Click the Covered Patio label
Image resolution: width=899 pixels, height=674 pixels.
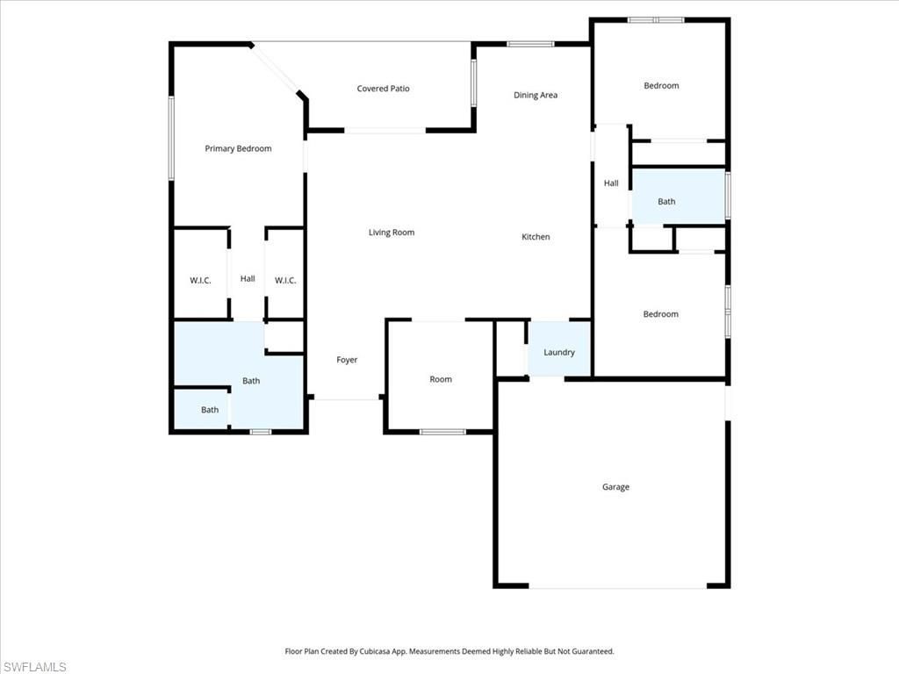(383, 89)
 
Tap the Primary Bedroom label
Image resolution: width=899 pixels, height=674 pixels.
(238, 148)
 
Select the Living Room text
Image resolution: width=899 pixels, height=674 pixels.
(391, 233)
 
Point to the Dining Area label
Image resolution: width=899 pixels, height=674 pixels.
(536, 95)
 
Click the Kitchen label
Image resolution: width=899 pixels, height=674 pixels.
(536, 237)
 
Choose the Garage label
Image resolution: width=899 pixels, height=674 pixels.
(615, 487)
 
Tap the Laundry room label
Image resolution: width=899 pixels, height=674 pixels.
(559, 353)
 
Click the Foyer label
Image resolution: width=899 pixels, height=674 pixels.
(347, 360)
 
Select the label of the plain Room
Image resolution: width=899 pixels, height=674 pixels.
(441, 379)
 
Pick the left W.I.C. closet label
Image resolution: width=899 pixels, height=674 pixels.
(200, 281)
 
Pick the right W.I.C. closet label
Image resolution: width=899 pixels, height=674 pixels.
(285, 281)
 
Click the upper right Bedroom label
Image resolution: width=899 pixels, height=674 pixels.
(661, 86)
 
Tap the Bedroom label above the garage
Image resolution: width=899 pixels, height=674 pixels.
(660, 314)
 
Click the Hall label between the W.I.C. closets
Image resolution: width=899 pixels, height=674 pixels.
(248, 279)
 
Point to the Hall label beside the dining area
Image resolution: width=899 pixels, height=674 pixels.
(611, 183)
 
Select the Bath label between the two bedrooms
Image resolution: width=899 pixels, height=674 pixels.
(666, 202)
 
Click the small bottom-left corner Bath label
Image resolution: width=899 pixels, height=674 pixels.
(210, 410)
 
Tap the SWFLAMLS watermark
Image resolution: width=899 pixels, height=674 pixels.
(33, 667)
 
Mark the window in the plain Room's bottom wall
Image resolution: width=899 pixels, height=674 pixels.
(442, 431)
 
